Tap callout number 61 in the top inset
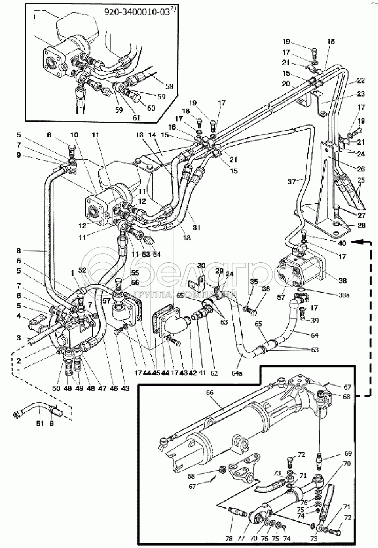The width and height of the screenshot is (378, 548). [136, 118]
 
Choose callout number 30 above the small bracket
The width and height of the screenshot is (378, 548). [201, 266]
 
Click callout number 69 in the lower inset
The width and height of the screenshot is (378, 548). [348, 453]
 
